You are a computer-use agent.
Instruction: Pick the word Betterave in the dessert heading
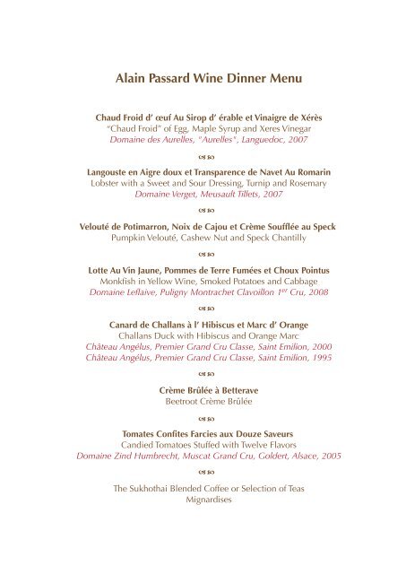228,389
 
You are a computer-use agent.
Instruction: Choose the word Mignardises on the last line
203,502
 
